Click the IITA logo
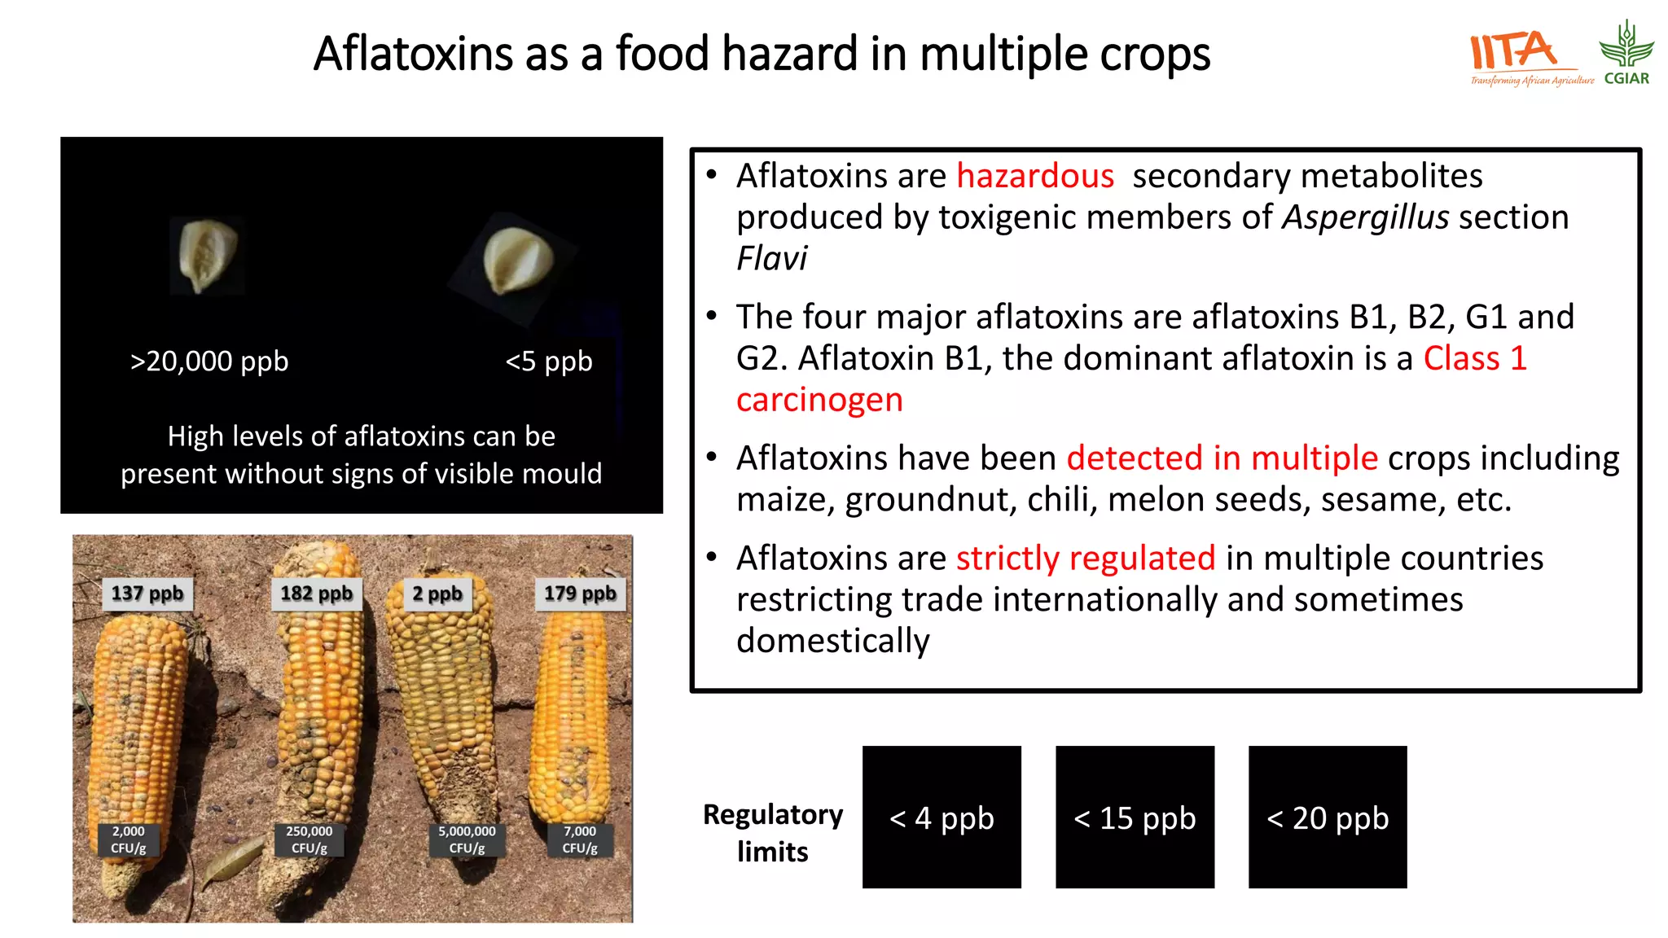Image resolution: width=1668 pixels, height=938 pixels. pos(1523,55)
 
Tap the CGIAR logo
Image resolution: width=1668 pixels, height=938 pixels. pos(1626,54)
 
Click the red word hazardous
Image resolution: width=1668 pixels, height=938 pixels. pos(1034,176)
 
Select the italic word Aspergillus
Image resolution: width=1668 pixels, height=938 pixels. pos(1365,217)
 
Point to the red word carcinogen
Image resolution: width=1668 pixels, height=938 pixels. pos(819,400)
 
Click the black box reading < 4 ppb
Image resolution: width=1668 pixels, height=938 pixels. pos(942,817)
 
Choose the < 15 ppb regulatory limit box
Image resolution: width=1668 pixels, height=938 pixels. pos(1135,817)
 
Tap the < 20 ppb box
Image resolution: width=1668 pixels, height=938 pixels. pos(1328,817)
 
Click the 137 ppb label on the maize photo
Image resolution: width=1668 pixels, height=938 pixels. pos(147,594)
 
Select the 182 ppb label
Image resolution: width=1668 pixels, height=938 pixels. pos(316,594)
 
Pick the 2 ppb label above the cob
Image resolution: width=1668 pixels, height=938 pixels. pos(437,594)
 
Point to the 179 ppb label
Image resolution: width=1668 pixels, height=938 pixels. pos(580,594)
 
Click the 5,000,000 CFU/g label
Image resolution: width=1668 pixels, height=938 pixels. pos(467,839)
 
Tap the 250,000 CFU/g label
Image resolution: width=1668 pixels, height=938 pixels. pos(309,839)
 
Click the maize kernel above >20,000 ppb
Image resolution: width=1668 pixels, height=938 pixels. pos(208,255)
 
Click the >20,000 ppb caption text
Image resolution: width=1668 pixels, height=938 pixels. pos(209,361)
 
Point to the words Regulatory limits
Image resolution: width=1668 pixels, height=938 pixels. pos(773,832)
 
